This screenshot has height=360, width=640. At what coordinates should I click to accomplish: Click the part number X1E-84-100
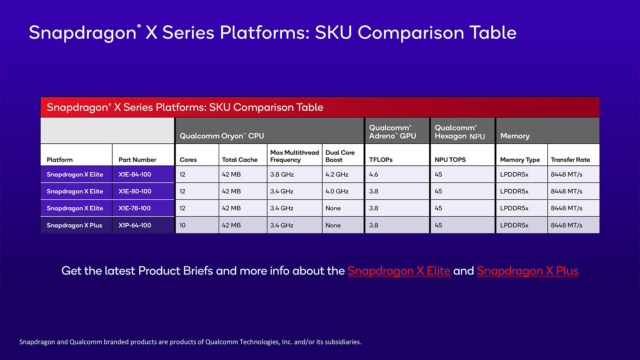[x=135, y=174]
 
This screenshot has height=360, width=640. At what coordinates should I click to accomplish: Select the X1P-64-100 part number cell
[x=135, y=225]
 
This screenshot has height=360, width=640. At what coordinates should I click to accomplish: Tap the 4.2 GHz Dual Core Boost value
[x=337, y=174]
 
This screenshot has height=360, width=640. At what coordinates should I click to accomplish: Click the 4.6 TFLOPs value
[x=373, y=174]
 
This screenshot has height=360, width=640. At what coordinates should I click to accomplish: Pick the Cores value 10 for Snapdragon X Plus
[x=182, y=225]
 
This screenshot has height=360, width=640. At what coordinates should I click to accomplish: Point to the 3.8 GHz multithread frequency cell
[x=282, y=174]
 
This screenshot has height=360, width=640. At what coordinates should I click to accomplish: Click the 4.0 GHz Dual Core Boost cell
[x=337, y=191]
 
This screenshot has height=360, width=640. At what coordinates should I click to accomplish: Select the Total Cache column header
[x=239, y=160]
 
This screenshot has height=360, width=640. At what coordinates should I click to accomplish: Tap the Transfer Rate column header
[x=570, y=160]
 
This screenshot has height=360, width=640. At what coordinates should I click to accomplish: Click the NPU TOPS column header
[x=450, y=160]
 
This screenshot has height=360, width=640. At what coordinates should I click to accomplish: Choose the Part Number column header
[x=137, y=160]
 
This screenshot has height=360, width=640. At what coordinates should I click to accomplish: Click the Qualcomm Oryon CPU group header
[x=222, y=136]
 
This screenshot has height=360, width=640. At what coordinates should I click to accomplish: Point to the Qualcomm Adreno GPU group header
[x=392, y=132]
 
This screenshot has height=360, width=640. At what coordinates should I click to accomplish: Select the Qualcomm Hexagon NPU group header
[x=459, y=132]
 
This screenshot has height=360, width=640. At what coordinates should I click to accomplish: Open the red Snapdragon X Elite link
[x=399, y=271]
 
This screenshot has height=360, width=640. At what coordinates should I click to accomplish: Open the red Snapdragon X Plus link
[x=527, y=271]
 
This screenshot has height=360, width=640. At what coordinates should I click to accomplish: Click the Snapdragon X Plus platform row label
[x=74, y=225]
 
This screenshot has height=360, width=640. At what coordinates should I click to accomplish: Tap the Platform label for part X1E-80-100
[x=75, y=191]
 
